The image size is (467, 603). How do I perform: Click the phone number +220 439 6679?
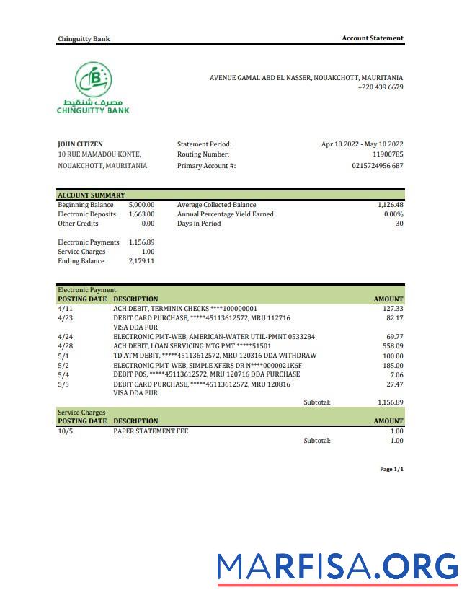(380, 87)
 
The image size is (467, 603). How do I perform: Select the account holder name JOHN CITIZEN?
(80, 144)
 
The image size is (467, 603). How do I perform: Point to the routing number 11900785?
(388, 154)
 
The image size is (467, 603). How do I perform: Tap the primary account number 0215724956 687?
(377, 166)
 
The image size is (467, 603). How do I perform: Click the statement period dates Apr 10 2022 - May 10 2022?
(362, 144)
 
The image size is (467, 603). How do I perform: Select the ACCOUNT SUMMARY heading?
(91, 195)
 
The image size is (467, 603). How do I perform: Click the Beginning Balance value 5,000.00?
(141, 205)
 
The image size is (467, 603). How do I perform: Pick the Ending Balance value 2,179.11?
(141, 261)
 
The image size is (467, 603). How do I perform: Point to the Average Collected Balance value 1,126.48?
(390, 205)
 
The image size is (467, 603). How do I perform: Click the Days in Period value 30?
(399, 224)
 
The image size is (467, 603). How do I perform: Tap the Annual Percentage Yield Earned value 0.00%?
(393, 214)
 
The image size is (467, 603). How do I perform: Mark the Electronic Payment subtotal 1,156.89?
(390, 402)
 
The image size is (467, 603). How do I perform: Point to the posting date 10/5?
(66, 431)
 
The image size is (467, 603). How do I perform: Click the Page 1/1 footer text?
(391, 470)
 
